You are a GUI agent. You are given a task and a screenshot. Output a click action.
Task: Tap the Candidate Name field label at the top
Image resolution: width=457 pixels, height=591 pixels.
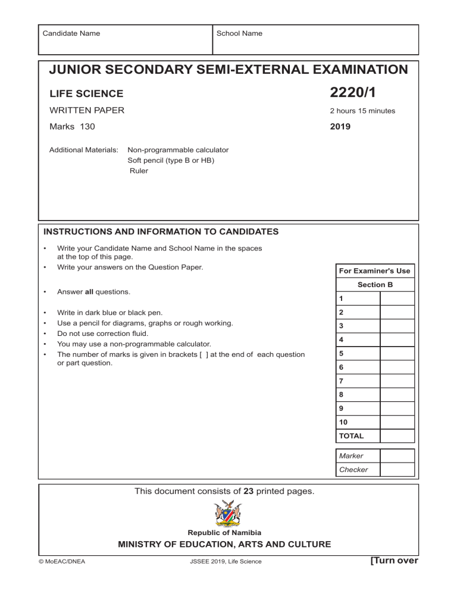(x=71, y=33)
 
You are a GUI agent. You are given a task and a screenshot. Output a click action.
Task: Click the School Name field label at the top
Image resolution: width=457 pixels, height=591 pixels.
(x=239, y=33)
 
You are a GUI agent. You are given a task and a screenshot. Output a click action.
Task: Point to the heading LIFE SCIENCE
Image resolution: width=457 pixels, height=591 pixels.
(x=87, y=93)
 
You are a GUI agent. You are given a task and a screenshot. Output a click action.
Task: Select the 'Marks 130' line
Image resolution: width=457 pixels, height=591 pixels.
(x=72, y=126)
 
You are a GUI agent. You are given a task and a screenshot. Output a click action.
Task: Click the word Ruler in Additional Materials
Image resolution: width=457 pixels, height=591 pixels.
(x=139, y=171)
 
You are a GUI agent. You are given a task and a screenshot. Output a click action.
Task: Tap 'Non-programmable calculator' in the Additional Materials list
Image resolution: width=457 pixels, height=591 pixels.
(x=178, y=150)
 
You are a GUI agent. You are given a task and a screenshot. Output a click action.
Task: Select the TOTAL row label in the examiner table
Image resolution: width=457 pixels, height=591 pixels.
(x=352, y=436)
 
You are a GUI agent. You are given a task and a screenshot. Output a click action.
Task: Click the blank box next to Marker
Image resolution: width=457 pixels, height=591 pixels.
(x=395, y=455)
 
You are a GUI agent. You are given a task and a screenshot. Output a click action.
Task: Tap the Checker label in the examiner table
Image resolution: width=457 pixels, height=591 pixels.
(x=353, y=470)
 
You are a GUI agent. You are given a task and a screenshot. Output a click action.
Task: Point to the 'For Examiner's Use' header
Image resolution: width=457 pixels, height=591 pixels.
(x=374, y=271)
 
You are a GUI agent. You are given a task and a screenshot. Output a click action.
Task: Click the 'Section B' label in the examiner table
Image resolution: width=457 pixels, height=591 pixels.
(x=375, y=285)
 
